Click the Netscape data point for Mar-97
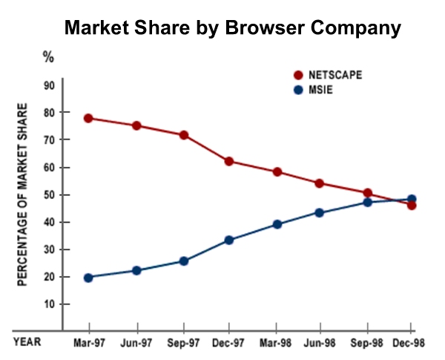tap(88, 118)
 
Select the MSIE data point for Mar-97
tap(88, 278)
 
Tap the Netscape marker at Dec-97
tap(229, 161)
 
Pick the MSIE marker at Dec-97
tap(229, 240)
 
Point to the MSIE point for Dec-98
tap(412, 200)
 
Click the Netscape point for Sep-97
tap(183, 135)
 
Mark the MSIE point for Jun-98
tap(320, 212)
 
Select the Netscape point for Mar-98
tap(277, 171)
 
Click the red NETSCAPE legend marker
tap(299, 75)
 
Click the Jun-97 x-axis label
tap(136, 342)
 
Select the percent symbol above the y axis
tap(48, 56)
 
